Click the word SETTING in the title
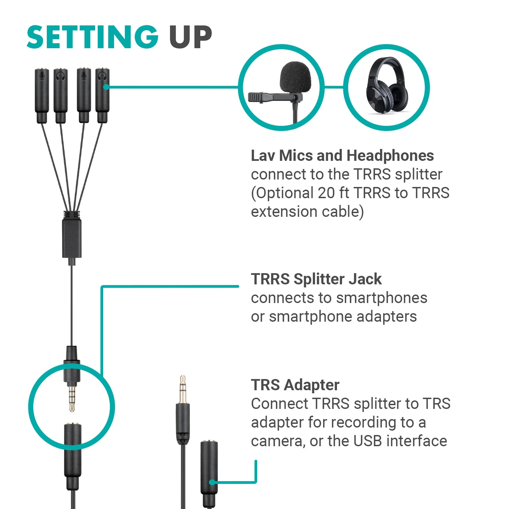pyautogui.click(x=93, y=37)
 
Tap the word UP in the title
pyautogui.click(x=190, y=37)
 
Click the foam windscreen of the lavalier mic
pyautogui.click(x=295, y=77)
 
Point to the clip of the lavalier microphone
pyautogui.click(x=275, y=97)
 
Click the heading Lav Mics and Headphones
pyautogui.click(x=342, y=156)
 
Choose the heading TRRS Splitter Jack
pyautogui.click(x=316, y=279)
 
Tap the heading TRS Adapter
pyautogui.click(x=295, y=385)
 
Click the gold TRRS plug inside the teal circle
pyautogui.click(x=72, y=397)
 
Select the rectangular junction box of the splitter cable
pyautogui.click(x=72, y=238)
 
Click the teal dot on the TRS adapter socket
pyautogui.click(x=212, y=482)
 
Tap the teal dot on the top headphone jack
pyautogui.click(x=106, y=87)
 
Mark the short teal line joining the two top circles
pyautogui.click(x=334, y=87)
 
